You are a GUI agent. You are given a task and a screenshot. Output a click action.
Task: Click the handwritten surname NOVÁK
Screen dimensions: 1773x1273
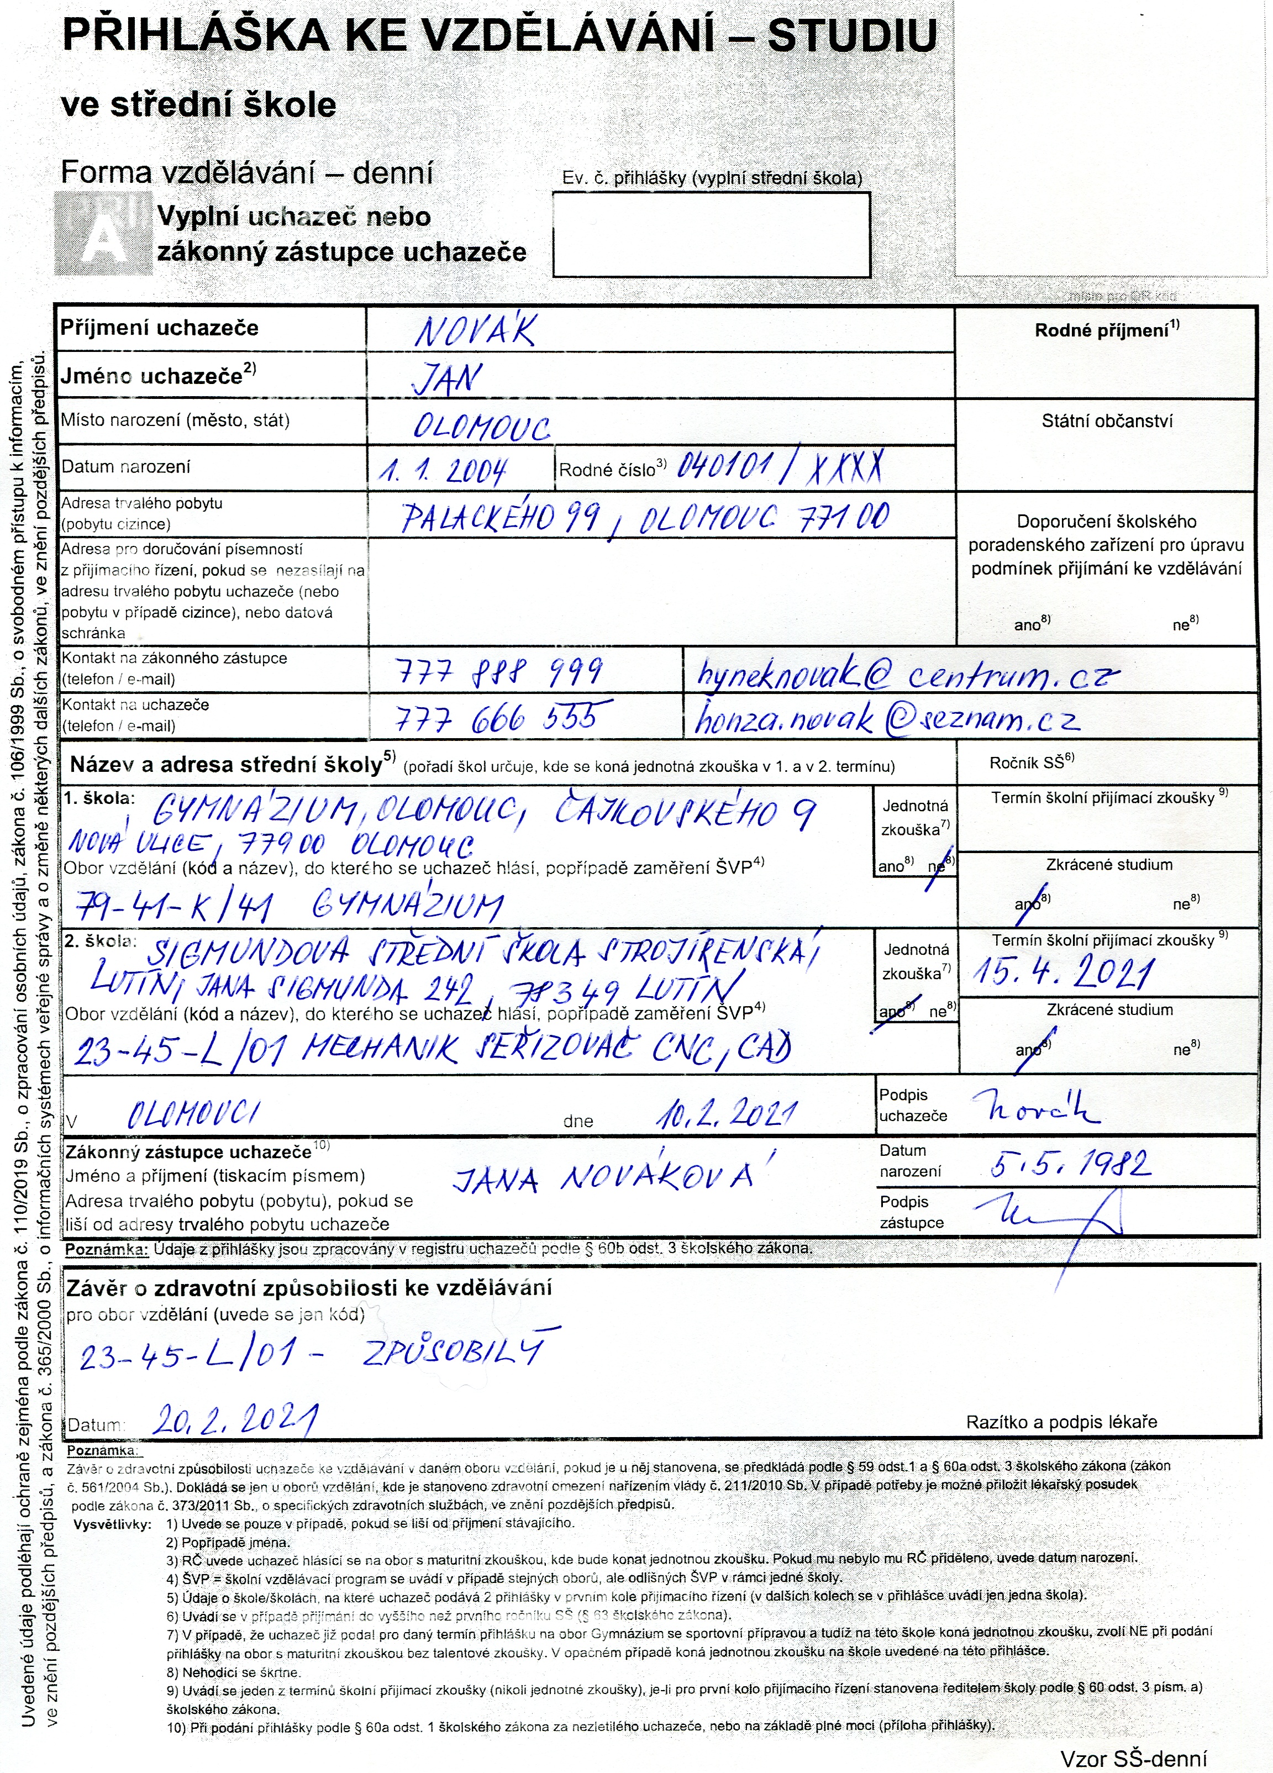(x=474, y=332)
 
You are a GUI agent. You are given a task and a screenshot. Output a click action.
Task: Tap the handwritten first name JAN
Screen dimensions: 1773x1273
(x=446, y=379)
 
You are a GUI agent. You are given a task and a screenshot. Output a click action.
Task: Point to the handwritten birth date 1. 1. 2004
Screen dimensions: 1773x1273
(x=443, y=470)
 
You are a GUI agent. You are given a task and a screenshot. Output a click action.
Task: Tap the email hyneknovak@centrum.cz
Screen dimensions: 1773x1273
(x=907, y=674)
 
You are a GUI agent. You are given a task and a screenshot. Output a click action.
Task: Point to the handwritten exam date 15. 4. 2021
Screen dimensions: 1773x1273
(x=1064, y=974)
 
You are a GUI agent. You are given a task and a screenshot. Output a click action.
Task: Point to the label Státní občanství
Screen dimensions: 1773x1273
(x=1107, y=422)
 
